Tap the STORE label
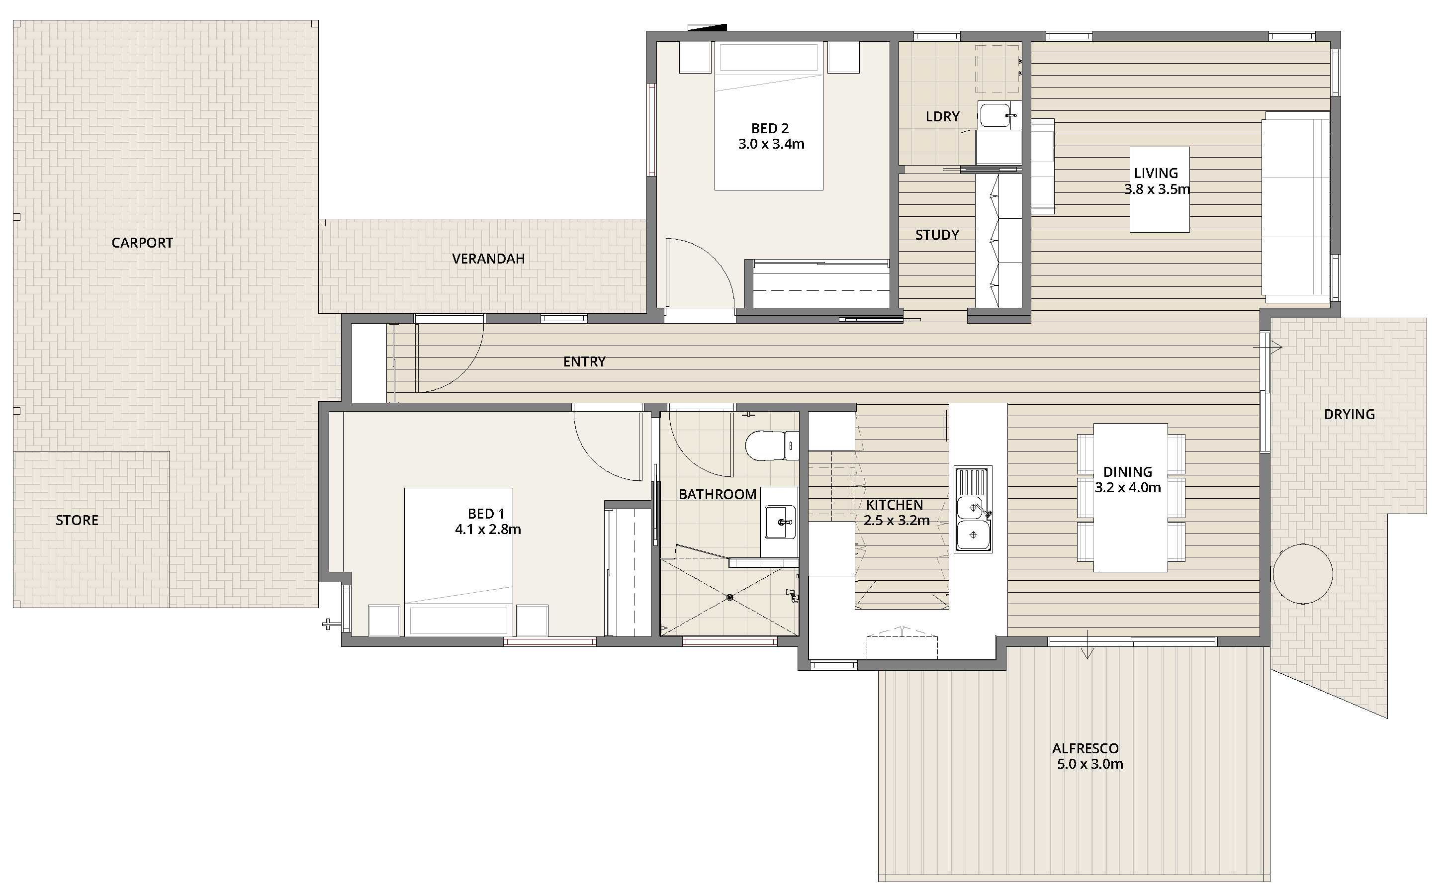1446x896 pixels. coord(77,520)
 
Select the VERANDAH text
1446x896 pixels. coord(488,259)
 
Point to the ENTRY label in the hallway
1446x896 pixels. coord(584,361)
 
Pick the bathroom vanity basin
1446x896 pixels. coord(780,522)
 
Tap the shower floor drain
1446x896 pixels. coord(730,597)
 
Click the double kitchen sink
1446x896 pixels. coord(973,510)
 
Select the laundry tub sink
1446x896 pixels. coord(996,115)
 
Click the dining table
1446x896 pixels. coord(1131,497)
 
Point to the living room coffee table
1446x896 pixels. coord(1159,189)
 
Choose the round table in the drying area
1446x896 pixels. coord(1303,574)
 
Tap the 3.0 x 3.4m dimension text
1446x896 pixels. coord(771,144)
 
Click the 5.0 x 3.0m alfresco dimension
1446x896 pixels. coord(1090,764)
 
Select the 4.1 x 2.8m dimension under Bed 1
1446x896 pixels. coord(488,529)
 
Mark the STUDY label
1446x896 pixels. coord(937,235)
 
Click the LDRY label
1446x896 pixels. coord(942,116)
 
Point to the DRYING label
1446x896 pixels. coord(1350,414)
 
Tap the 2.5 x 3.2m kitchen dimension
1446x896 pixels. coord(897,520)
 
